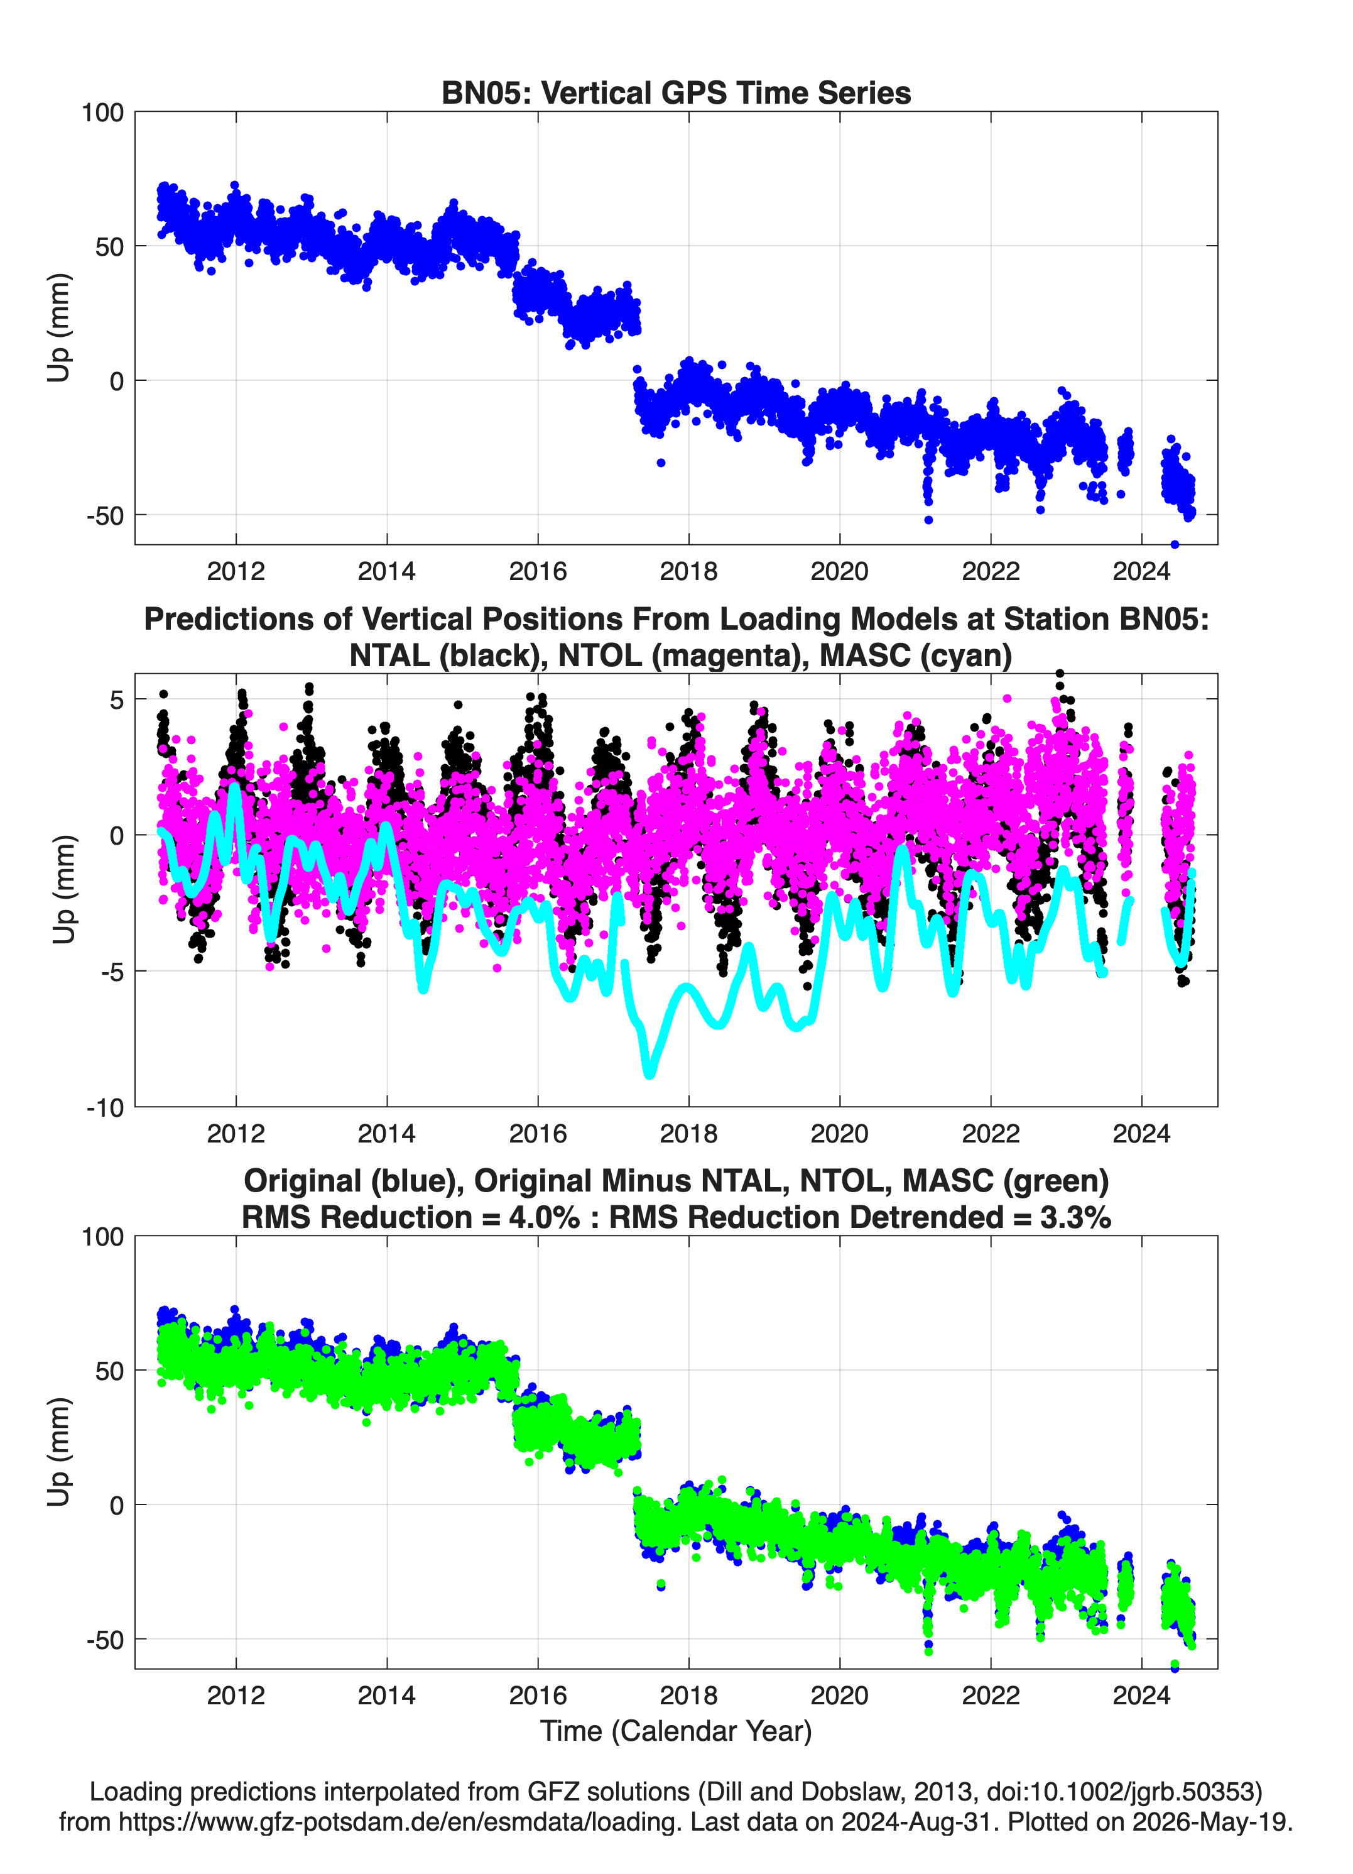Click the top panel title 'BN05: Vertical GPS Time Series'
pyautogui.click(x=676, y=92)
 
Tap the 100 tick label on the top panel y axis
pyautogui.click(x=102, y=112)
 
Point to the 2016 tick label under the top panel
pyautogui.click(x=538, y=571)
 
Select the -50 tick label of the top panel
pyautogui.click(x=106, y=515)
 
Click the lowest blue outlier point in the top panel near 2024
pyautogui.click(x=1175, y=544)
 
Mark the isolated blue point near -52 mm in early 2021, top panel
pyautogui.click(x=928, y=520)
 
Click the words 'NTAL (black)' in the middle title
pyautogui.click(x=446, y=655)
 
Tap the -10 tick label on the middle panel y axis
pyautogui.click(x=106, y=1108)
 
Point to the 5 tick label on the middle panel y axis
pyautogui.click(x=116, y=700)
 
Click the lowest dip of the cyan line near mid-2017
pyautogui.click(x=649, y=1073)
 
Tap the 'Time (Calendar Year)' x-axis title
pyautogui.click(x=676, y=1731)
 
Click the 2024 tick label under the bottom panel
pyautogui.click(x=1141, y=1695)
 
